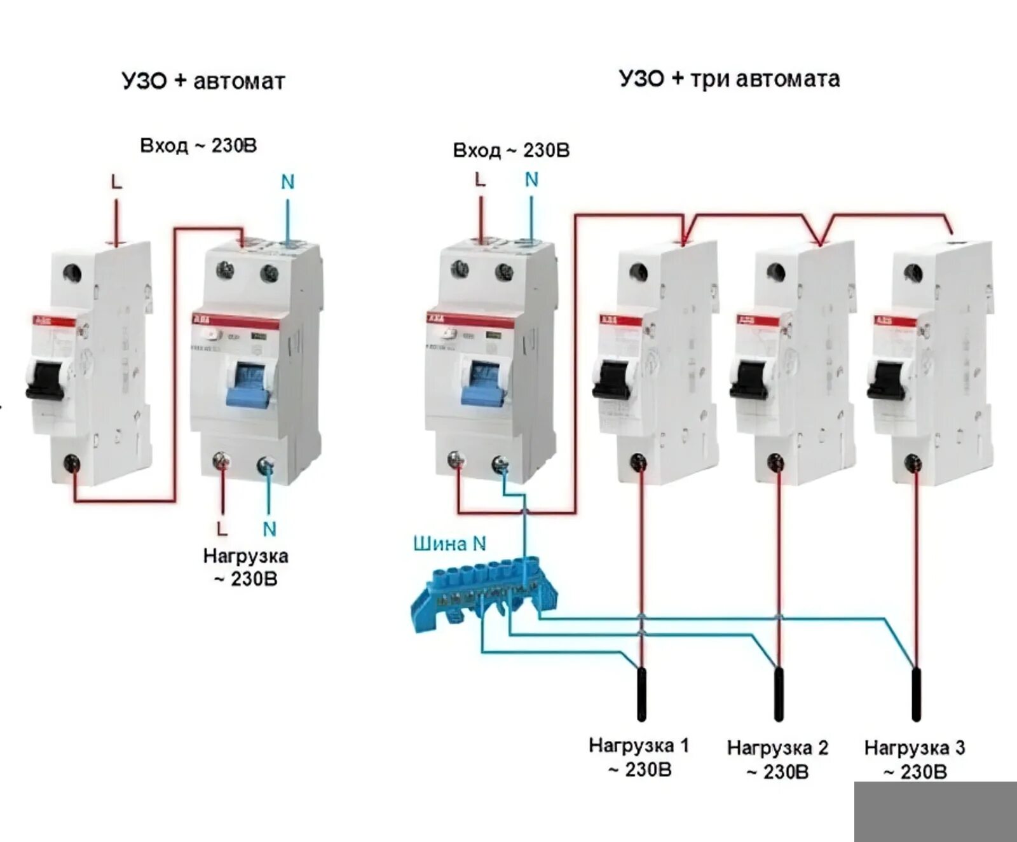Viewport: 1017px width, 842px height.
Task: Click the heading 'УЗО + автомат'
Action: (x=203, y=81)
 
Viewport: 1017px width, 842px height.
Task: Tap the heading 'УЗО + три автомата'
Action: (x=729, y=79)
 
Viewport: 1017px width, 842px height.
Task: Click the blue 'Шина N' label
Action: (x=449, y=544)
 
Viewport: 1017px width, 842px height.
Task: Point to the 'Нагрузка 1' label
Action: (x=639, y=745)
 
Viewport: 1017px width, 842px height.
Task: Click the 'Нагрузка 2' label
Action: (x=777, y=748)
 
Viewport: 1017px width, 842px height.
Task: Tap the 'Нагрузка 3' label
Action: (x=915, y=748)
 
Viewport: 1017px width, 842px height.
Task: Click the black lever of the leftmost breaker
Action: (x=44, y=380)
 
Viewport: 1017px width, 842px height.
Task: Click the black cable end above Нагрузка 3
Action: (x=916, y=694)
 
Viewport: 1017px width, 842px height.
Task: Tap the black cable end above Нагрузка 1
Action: (x=641, y=694)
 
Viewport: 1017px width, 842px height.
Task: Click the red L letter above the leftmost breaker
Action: (x=116, y=183)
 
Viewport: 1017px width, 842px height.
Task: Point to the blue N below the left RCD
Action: (x=270, y=529)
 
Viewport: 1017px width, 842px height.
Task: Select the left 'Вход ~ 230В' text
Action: (x=198, y=146)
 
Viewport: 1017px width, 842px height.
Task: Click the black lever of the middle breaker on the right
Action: (x=750, y=380)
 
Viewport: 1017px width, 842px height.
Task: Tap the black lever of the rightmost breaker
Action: (x=887, y=380)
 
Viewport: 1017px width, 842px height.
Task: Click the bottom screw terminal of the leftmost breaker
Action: (x=72, y=463)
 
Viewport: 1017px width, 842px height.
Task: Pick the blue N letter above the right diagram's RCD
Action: (x=531, y=180)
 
